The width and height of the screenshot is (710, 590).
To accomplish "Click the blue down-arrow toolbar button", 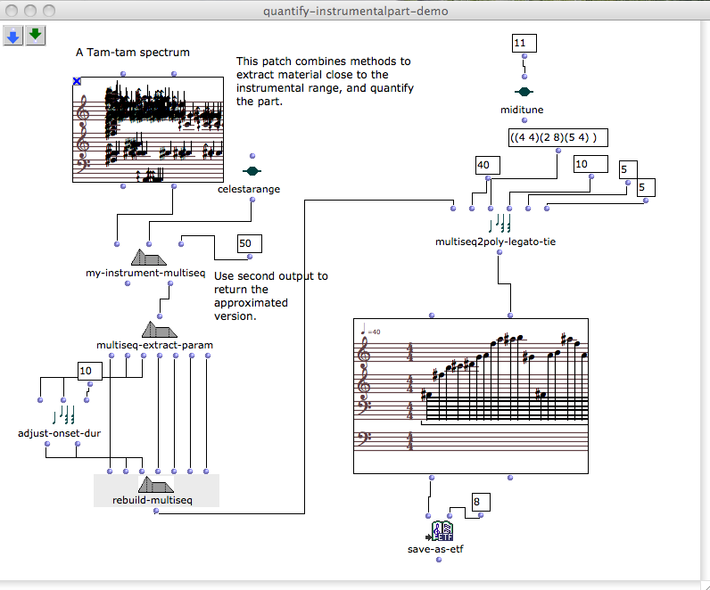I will pos(13,36).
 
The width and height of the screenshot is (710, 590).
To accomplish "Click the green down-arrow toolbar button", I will pos(35,36).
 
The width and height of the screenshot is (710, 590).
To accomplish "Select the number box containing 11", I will pos(524,44).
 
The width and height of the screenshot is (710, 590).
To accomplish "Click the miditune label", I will pos(522,109).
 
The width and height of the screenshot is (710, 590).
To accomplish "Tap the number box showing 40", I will pos(488,165).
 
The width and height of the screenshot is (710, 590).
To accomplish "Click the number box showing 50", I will pos(250,244).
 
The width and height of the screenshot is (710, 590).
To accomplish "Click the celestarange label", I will pos(249,189).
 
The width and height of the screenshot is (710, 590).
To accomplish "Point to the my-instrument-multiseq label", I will pos(146,273).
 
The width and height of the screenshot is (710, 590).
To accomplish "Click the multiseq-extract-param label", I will pos(154,344).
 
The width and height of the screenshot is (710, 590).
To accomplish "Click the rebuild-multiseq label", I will pos(154,501).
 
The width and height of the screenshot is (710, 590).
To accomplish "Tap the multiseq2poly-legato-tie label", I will pos(495,241).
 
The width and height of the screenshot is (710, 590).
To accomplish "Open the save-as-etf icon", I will pos(443,531).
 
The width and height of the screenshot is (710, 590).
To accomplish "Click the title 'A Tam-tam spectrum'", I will pos(132,53).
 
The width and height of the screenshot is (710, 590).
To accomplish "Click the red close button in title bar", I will pos(11,11).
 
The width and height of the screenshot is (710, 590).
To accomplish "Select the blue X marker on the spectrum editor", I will pos(77,81).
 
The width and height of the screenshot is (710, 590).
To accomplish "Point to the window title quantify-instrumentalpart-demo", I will pos(355,11).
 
